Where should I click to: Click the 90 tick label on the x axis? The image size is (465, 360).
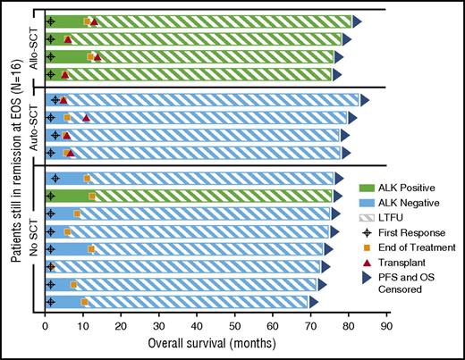click(x=385, y=326)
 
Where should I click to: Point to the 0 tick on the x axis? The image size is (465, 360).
click(x=45, y=326)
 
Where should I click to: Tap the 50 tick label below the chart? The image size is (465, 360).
click(x=234, y=326)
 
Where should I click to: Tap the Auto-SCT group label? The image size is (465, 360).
click(x=33, y=126)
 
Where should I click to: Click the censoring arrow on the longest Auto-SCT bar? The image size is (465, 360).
click(x=364, y=100)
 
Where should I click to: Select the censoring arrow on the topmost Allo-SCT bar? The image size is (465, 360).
click(x=357, y=21)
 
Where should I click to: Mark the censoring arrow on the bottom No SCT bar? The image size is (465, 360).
click(x=313, y=302)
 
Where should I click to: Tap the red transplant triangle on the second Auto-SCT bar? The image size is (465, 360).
click(x=86, y=117)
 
